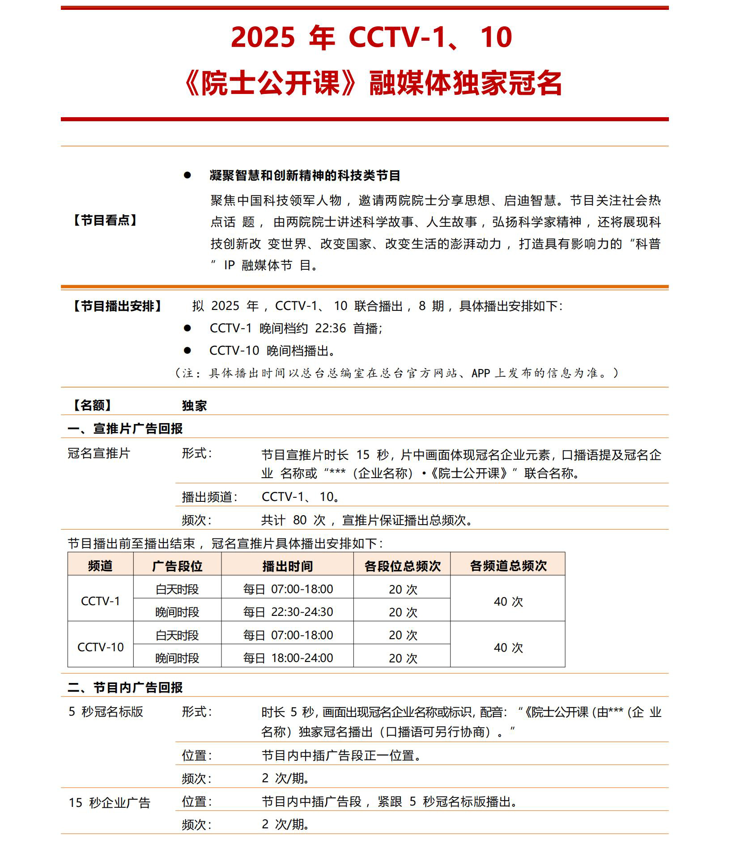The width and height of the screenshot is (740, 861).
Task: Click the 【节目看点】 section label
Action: point(105,220)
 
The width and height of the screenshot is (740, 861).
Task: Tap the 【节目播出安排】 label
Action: point(117,306)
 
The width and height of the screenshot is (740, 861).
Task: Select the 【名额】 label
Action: point(92,405)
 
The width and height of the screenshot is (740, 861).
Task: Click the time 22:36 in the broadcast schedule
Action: point(330,328)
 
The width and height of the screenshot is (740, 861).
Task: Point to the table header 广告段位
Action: point(177,566)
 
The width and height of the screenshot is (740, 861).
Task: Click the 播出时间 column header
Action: point(287,566)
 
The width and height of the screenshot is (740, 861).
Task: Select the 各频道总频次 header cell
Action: point(508,566)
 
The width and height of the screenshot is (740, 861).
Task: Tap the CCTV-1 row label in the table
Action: point(100,601)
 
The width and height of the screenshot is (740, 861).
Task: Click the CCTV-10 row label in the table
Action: point(100,647)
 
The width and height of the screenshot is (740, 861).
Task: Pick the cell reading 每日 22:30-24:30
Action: point(288,612)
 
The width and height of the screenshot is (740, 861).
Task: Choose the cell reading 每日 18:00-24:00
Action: point(288,658)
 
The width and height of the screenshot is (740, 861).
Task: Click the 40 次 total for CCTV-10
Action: point(508,648)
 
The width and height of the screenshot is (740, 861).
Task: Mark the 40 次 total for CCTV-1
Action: point(508,602)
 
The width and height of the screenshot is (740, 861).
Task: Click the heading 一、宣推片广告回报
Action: point(125,428)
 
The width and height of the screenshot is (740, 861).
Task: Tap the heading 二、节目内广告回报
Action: point(125,687)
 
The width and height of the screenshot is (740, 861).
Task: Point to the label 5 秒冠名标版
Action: point(106,712)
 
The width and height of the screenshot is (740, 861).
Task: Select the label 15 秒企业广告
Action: point(109,803)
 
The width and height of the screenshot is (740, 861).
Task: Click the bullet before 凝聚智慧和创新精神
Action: point(187,175)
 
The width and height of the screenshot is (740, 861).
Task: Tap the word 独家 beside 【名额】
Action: point(194,406)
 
